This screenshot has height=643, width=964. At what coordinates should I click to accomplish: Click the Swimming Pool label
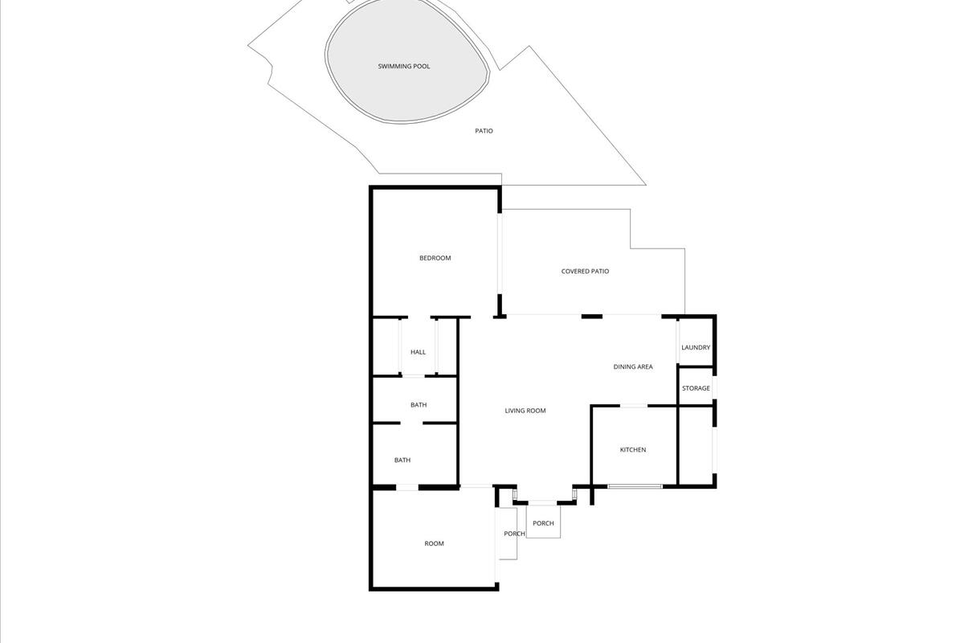click(404, 66)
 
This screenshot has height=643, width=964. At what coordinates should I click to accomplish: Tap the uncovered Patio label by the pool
click(484, 130)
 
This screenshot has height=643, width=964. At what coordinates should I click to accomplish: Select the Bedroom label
click(435, 258)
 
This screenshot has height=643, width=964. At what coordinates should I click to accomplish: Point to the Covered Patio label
click(585, 271)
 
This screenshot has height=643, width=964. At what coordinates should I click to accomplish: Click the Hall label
click(418, 352)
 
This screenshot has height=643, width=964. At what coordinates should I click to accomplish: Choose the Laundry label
click(696, 347)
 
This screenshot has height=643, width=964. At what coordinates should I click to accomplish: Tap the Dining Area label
click(633, 367)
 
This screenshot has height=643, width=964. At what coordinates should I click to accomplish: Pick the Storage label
click(696, 388)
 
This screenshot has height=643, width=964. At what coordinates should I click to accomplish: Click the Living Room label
click(525, 411)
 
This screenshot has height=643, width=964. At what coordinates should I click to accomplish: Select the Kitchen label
click(632, 449)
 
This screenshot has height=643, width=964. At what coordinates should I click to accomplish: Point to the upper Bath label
click(418, 404)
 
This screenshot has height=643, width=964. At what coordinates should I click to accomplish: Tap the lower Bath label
click(402, 460)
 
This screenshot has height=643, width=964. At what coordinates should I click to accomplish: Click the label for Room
click(434, 543)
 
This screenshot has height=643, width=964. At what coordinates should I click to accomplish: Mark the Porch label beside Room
click(514, 534)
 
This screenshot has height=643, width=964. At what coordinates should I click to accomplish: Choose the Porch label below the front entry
click(543, 523)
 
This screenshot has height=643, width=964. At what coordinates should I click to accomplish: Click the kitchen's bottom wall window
click(635, 486)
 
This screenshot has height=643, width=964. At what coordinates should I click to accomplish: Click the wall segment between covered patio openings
click(592, 316)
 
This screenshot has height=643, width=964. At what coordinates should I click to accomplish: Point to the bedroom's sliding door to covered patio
click(501, 253)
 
